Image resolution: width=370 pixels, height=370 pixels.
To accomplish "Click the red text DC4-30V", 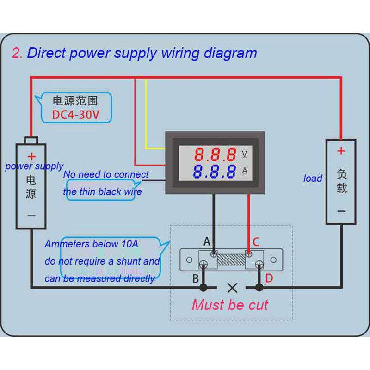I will coord(75,114).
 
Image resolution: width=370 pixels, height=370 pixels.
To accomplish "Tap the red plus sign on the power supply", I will coord(31,156).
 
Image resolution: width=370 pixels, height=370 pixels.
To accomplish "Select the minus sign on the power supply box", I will coord(31,216).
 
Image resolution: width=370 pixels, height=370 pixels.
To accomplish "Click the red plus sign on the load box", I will coord(341,151).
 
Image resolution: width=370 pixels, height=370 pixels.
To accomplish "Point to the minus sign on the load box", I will coord(341,211).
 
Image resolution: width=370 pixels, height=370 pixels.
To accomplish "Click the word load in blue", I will coord(313,179).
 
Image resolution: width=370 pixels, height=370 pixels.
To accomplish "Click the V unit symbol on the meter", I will coord(245,154).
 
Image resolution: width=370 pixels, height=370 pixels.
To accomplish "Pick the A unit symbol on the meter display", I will coord(245,171).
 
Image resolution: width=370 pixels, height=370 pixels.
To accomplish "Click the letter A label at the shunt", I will coord(207,241).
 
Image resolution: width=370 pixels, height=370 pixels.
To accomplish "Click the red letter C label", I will coord(256,241).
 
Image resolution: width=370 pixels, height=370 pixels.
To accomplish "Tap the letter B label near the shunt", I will coord(196,278).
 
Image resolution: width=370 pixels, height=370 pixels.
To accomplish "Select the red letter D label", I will coord(269,278).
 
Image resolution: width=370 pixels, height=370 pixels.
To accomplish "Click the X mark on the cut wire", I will coord(232,288).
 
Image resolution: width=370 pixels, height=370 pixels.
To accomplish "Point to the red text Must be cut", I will coord(230,305).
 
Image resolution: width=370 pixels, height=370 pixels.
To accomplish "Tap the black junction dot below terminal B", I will coord(203,288).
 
